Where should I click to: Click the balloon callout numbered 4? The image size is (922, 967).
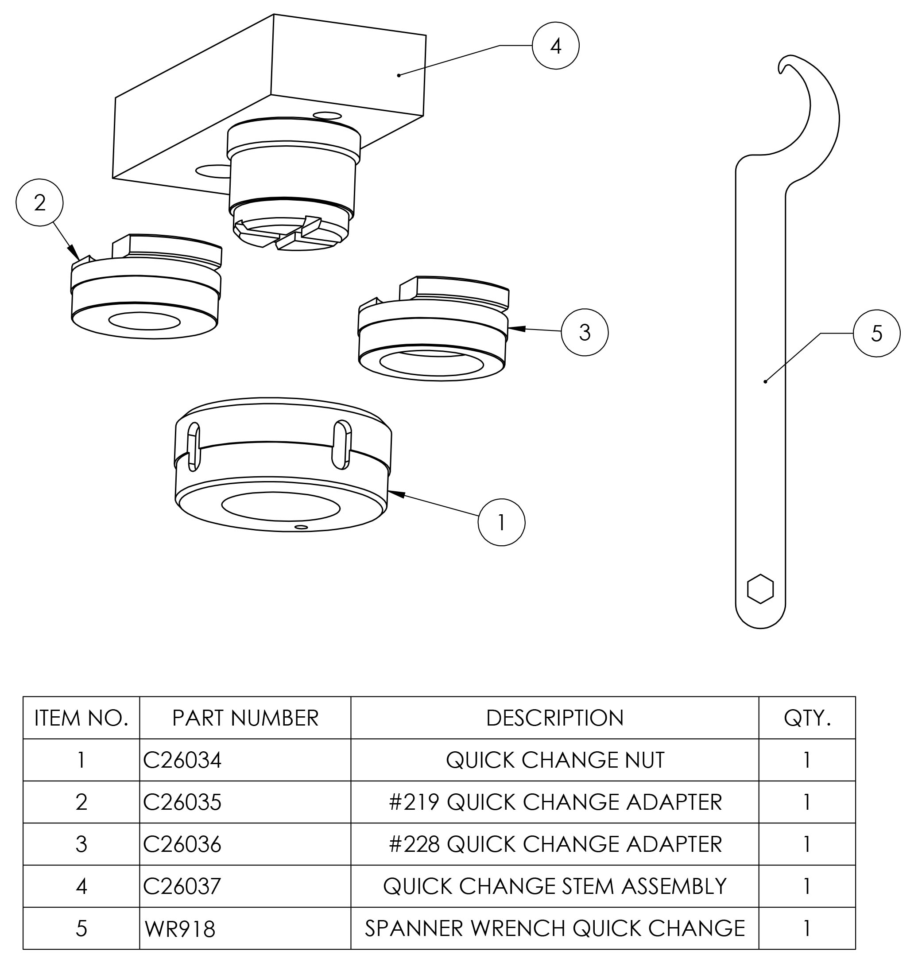[555, 46]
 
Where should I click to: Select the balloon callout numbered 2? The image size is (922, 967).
[40, 202]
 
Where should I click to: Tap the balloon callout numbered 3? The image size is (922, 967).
[585, 332]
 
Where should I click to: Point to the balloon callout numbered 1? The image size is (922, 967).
[501, 522]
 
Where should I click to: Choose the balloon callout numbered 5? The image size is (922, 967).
[877, 333]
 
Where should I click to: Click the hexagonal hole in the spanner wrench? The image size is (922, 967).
[760, 589]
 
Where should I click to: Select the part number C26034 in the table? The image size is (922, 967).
[182, 760]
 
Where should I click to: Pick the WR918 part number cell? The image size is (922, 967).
[180, 928]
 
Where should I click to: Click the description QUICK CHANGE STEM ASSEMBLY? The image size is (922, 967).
[554, 886]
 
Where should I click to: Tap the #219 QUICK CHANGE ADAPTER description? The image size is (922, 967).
[554, 802]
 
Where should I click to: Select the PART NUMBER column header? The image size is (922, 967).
[245, 718]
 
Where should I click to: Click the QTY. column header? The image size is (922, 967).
[806, 718]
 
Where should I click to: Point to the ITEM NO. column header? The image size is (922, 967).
[81, 718]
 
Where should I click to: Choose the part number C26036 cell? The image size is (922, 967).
[182, 844]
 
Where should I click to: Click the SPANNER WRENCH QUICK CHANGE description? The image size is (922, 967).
[554, 928]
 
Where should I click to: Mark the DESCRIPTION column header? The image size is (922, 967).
[554, 718]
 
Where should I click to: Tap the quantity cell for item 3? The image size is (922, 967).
[806, 844]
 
